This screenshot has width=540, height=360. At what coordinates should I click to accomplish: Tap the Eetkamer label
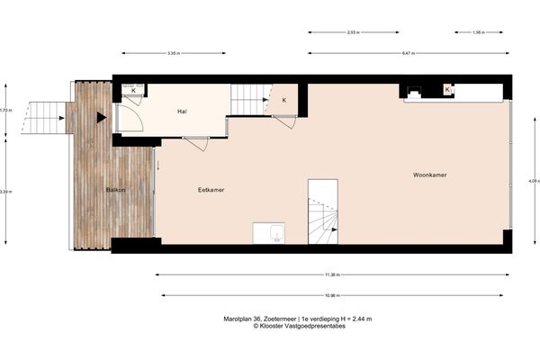[211, 191]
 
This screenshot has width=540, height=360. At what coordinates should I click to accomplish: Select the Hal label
[183, 112]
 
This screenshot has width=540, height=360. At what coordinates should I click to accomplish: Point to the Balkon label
[115, 190]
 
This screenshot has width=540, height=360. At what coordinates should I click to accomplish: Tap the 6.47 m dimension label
[406, 54]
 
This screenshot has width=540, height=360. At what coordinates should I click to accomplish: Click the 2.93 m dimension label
[353, 32]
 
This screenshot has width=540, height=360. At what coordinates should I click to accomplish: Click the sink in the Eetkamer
[269, 233]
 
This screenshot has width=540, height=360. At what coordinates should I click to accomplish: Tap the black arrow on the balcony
[102, 117]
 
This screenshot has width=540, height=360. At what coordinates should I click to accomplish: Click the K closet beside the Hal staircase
[284, 100]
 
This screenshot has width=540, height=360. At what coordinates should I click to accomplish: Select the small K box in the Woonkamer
[447, 89]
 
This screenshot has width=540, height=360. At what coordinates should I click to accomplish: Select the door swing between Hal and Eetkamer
[197, 142]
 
